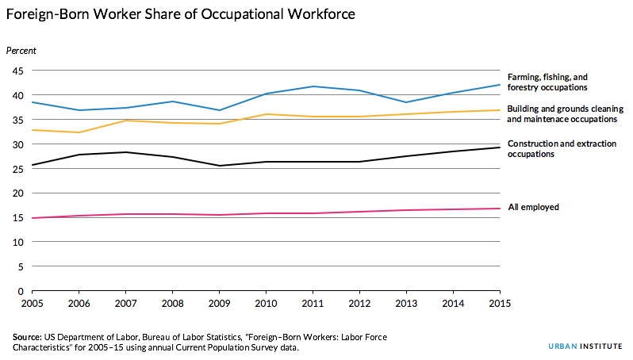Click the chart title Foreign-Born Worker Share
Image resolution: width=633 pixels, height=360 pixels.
(181, 14)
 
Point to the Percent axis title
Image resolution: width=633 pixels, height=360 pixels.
(21, 51)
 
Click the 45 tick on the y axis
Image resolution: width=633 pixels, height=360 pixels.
(16, 71)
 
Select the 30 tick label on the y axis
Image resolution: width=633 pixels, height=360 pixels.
(16, 144)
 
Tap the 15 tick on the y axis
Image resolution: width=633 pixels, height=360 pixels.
(16, 218)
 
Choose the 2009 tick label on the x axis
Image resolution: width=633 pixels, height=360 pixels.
(219, 304)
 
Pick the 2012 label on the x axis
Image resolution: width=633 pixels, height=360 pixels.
(359, 304)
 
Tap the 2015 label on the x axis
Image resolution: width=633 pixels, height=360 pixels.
(499, 304)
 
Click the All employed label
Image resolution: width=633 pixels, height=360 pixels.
(533, 207)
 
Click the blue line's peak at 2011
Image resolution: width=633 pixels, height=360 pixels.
(313, 86)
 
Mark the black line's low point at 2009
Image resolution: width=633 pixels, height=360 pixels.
(219, 166)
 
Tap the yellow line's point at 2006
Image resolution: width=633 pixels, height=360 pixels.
(78, 132)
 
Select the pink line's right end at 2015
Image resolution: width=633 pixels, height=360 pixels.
(499, 209)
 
